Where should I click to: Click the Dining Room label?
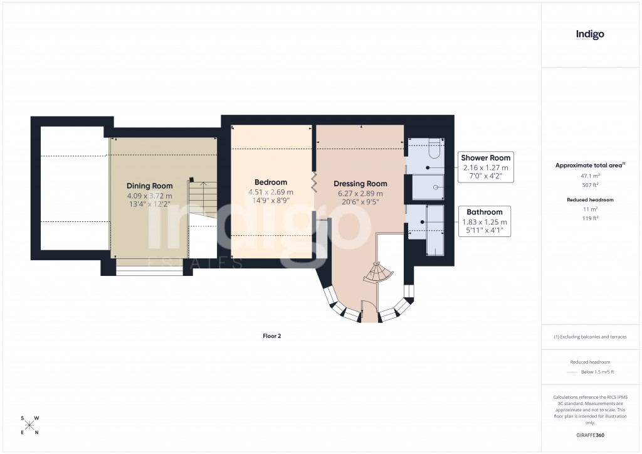(x=149, y=186)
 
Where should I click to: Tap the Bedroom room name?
(x=270, y=182)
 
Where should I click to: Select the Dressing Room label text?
(x=360, y=184)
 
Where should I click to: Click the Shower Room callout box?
(x=486, y=167)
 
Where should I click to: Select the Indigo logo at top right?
(x=590, y=35)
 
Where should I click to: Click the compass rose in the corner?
(x=29, y=425)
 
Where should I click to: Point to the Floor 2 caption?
(x=271, y=336)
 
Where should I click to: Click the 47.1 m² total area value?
(x=590, y=176)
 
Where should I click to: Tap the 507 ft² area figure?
(x=590, y=185)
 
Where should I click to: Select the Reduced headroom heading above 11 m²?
(x=590, y=199)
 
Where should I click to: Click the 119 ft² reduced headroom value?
(x=590, y=218)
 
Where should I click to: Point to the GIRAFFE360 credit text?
(x=590, y=435)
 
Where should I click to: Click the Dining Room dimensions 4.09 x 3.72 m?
(x=149, y=196)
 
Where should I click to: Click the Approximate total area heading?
(x=589, y=165)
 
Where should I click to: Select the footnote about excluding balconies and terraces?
(x=590, y=337)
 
